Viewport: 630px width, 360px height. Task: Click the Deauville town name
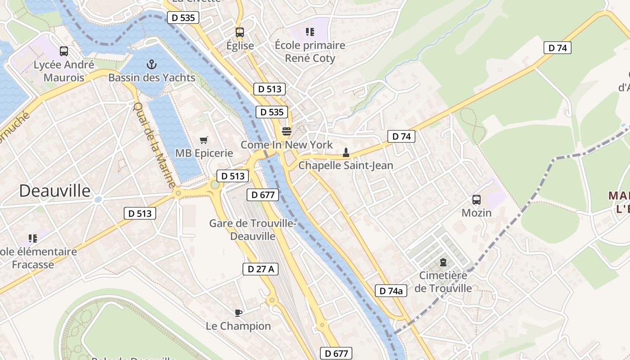tap(55, 191)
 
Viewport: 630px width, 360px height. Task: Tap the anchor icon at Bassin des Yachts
tap(152, 64)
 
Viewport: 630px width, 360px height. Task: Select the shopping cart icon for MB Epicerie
tap(204, 140)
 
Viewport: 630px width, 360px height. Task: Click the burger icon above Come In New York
tap(286, 131)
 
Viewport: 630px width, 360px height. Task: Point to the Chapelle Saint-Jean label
tap(346, 166)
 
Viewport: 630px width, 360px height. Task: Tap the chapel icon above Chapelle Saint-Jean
tap(346, 152)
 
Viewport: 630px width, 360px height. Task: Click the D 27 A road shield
tap(261, 269)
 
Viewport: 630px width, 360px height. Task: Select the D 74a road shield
tap(391, 291)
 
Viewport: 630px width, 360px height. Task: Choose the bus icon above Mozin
tap(477, 199)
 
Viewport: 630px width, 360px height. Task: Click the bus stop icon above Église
tap(240, 32)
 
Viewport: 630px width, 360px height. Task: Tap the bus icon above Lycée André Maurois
tap(64, 51)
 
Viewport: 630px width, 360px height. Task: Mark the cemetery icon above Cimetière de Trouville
tap(443, 262)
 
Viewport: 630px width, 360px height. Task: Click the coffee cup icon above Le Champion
tap(238, 312)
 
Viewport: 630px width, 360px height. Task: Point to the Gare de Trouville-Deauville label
tap(252, 229)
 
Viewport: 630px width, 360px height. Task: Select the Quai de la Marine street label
tap(154, 145)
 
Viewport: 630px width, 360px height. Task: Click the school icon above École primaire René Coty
tap(310, 31)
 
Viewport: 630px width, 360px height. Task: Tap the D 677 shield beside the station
tap(263, 195)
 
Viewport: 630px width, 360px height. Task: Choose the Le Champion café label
tap(238, 326)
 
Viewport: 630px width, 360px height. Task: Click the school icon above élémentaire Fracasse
tap(32, 238)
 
